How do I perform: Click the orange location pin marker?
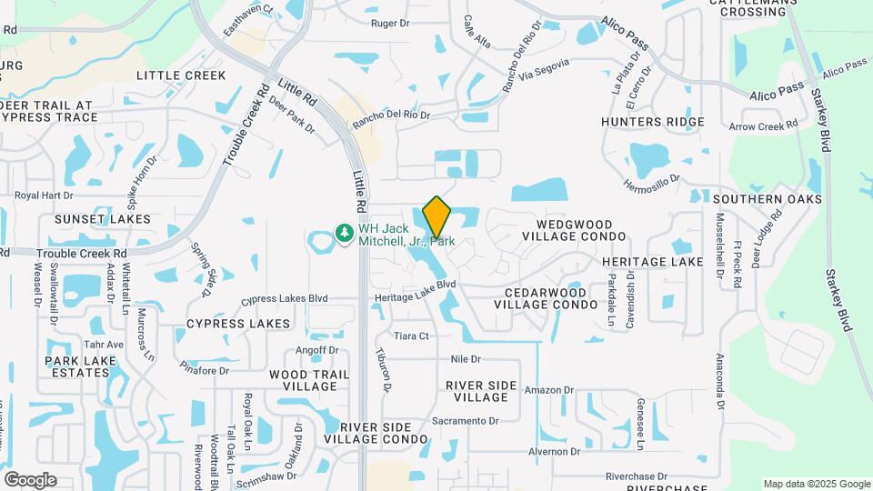(436, 216)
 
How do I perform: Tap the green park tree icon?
(345, 235)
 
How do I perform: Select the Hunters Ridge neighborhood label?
(653, 122)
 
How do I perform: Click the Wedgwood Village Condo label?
(575, 229)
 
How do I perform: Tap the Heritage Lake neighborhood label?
(653, 262)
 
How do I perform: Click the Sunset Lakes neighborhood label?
(103, 219)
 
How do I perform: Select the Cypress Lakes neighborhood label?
(238, 324)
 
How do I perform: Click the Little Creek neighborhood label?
(181, 75)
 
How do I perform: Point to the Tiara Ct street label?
(411, 336)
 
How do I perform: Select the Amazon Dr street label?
(550, 390)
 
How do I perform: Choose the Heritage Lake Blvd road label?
(415, 285)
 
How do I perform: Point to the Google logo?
(30, 480)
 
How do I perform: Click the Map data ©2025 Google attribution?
(816, 484)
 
